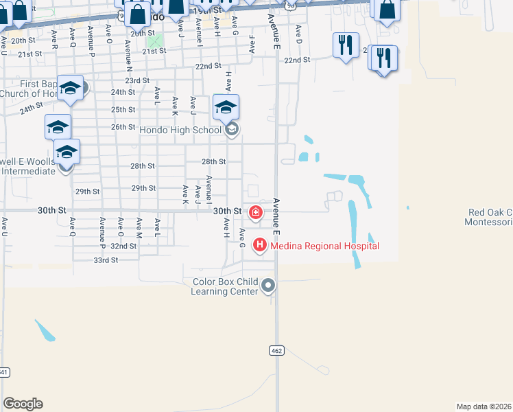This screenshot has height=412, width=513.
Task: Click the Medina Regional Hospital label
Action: [x=324, y=246]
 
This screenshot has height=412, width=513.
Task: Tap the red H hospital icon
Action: [x=260, y=244]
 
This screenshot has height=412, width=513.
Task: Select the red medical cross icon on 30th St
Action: [x=256, y=212]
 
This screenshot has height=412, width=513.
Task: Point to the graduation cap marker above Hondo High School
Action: [x=226, y=107]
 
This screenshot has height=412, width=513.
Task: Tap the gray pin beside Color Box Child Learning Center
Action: [x=268, y=285]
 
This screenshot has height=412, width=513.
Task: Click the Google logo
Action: [x=23, y=403]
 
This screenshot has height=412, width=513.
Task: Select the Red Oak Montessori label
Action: [x=488, y=217]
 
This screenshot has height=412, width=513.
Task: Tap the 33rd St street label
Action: [x=106, y=260]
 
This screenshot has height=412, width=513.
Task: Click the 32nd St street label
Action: [x=123, y=246]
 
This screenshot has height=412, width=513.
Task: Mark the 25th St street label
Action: [x=123, y=109]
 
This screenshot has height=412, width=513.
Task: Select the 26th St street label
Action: [x=123, y=127]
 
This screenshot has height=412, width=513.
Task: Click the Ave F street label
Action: [x=252, y=45]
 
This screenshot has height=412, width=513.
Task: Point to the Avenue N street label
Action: [x=128, y=51]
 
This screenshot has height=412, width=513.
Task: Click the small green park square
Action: [x=157, y=41]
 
